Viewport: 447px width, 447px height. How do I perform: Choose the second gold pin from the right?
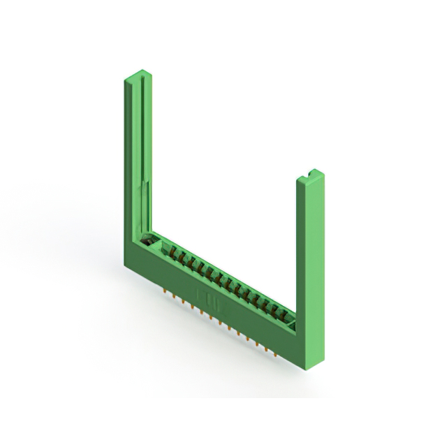click(x=268, y=346)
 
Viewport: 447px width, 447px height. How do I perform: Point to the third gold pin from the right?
click(x=261, y=341)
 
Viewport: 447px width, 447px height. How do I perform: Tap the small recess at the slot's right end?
click(x=294, y=323)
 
